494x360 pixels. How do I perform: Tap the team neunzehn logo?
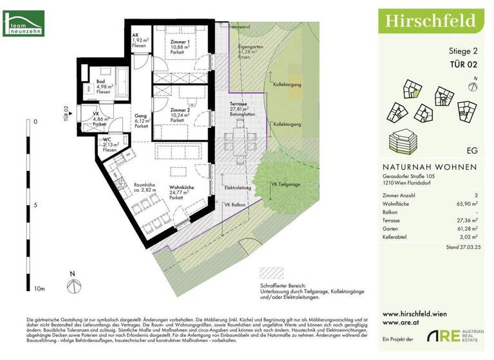point(24,26)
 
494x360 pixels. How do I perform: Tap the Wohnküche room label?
point(182,187)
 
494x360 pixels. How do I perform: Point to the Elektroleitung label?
point(237,187)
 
